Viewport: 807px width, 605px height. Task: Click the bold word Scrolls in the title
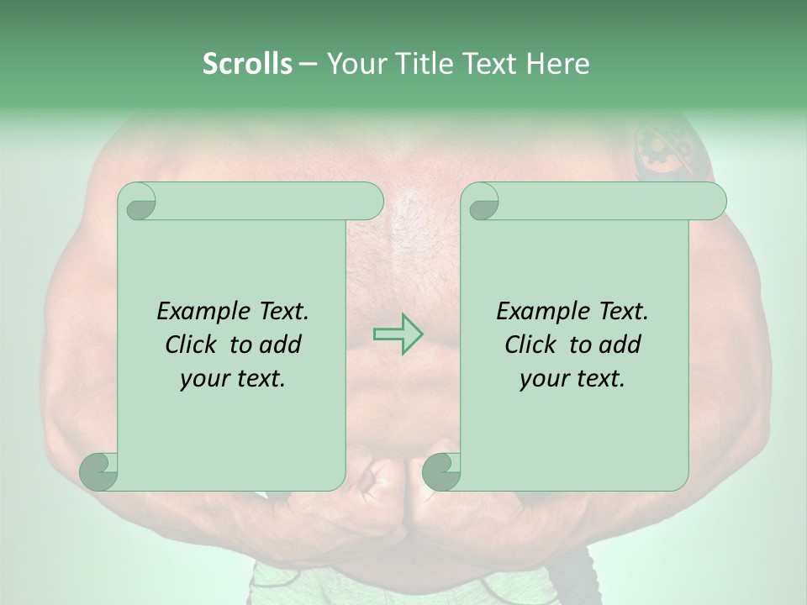pyautogui.click(x=247, y=63)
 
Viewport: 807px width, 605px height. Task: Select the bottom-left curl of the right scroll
pyautogui.click(x=441, y=471)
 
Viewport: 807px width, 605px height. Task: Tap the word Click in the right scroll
pyautogui.click(x=532, y=345)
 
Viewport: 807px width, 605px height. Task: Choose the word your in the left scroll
pyautogui.click(x=205, y=379)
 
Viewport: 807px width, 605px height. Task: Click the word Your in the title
pyautogui.click(x=352, y=63)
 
